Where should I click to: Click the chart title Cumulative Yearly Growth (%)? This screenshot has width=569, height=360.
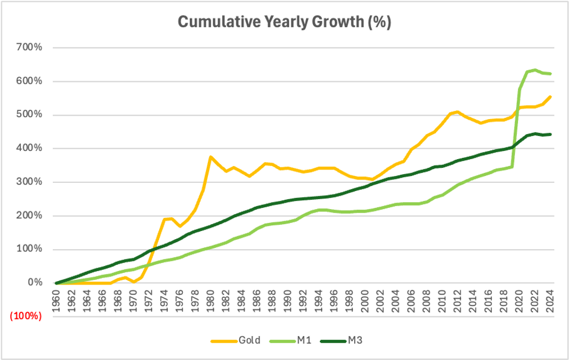tap(284, 21)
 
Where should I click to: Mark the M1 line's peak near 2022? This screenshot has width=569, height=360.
tap(534, 70)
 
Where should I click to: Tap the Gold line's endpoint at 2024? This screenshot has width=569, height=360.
tap(549, 96)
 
